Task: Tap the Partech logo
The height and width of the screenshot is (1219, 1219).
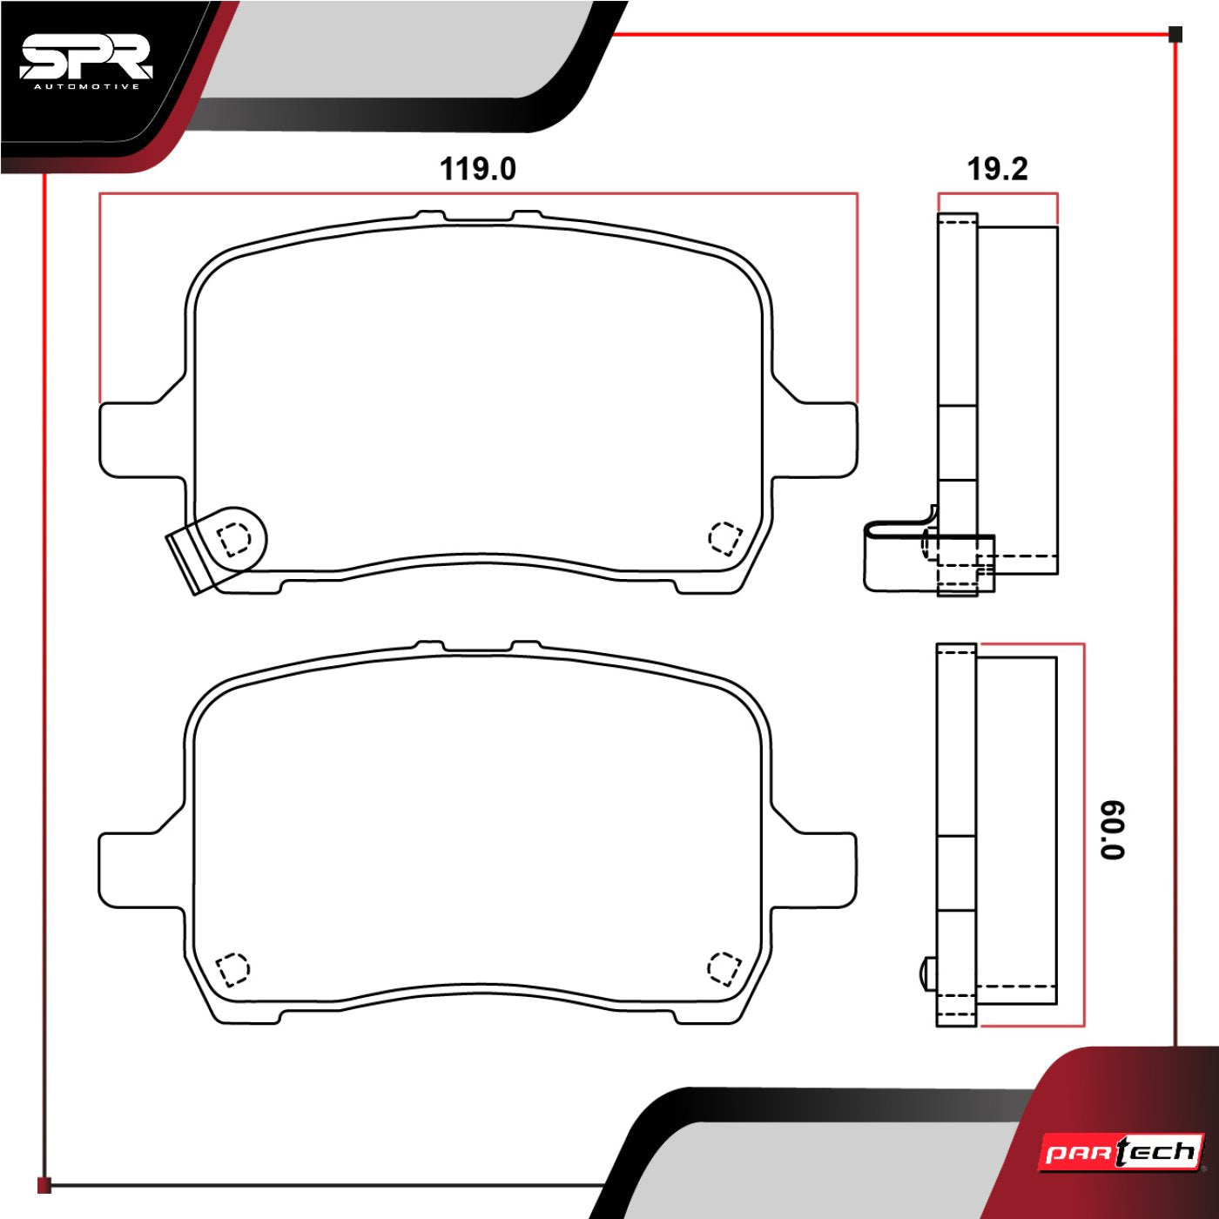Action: (1122, 1153)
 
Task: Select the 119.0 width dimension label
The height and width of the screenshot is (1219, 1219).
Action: (477, 169)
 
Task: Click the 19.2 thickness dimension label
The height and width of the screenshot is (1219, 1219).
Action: (997, 169)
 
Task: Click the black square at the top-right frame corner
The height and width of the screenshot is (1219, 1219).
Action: (1175, 35)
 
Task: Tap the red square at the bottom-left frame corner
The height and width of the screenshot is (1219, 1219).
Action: (44, 1185)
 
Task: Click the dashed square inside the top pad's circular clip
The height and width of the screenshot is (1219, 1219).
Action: (233, 539)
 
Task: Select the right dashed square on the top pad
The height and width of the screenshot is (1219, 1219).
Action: (724, 537)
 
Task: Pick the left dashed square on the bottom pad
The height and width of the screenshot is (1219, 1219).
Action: (232, 967)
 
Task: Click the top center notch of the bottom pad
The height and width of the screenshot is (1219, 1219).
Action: (477, 648)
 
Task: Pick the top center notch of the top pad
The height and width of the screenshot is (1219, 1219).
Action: (478, 217)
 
